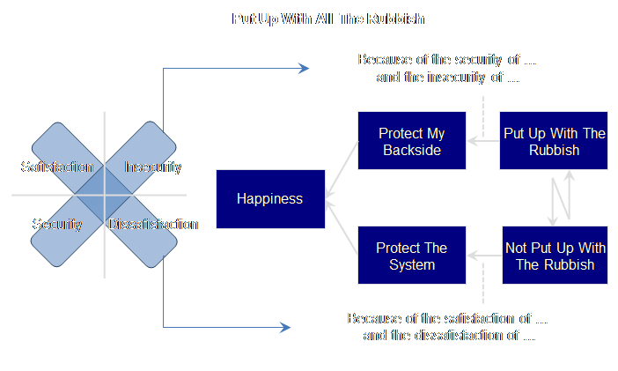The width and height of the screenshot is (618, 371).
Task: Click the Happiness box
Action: pos(269,198)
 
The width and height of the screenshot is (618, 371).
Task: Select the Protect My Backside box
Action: pos(411,142)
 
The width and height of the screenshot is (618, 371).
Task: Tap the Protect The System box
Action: pos(411,256)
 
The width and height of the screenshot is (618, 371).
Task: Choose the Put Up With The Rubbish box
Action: pos(554,142)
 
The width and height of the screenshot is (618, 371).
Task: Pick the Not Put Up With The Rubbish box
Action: pos(555,256)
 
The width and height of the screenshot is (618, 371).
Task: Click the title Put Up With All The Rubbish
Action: pos(310,18)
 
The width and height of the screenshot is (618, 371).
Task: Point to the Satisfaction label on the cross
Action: pos(57,167)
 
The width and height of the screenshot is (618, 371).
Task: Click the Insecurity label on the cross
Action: pos(153,167)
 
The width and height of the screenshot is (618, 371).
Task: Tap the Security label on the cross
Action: pos(57,224)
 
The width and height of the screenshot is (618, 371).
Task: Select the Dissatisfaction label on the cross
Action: pos(153,224)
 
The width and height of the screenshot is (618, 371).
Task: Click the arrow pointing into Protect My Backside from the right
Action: pos(482,139)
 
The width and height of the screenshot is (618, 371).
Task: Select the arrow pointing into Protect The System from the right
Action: pos(483,256)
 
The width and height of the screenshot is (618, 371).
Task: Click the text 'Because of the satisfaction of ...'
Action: pos(447,318)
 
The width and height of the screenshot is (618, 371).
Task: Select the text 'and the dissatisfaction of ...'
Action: pos(448,335)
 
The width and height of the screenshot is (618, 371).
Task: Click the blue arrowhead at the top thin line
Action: pos(304,69)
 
